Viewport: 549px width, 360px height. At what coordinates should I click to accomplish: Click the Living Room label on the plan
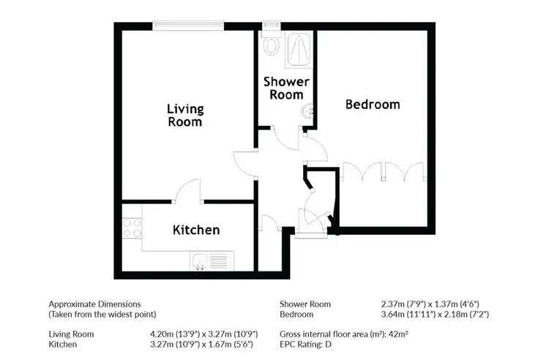click(x=185, y=116)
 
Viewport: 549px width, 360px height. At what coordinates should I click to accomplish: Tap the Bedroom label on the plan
click(x=373, y=104)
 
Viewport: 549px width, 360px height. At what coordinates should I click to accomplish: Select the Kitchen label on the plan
click(x=196, y=230)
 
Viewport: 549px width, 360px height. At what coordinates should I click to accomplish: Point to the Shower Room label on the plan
click(x=286, y=88)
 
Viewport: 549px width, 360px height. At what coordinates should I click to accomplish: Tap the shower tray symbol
click(x=299, y=50)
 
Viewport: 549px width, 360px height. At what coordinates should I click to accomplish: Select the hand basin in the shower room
click(x=307, y=111)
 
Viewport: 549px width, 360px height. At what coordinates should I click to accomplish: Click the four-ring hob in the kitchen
click(x=132, y=228)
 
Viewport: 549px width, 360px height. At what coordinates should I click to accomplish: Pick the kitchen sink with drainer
click(x=212, y=260)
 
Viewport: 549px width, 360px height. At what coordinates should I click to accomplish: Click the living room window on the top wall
click(x=188, y=26)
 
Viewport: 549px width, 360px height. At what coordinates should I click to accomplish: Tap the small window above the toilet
click(x=272, y=25)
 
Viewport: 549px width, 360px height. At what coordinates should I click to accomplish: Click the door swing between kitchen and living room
click(x=187, y=191)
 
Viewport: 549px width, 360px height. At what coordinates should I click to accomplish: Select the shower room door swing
click(x=285, y=138)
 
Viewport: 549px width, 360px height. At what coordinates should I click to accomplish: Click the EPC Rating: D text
click(x=305, y=344)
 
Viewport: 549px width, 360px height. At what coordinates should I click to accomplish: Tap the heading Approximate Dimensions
click(x=94, y=304)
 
